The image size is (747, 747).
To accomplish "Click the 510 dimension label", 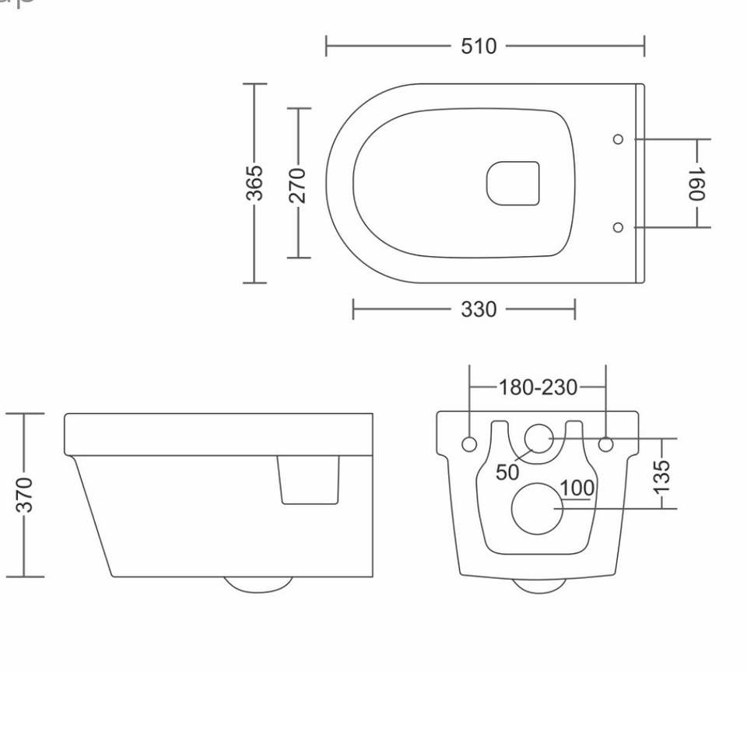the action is pyautogui.click(x=478, y=47).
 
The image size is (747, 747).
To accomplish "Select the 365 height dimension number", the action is pyautogui.click(x=255, y=183).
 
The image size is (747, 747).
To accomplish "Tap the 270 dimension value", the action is pyautogui.click(x=298, y=184).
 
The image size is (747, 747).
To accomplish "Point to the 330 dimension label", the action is pyautogui.click(x=478, y=310).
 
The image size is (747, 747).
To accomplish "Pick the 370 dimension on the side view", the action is pyautogui.click(x=24, y=495).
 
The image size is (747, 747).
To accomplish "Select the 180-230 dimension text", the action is pyautogui.click(x=538, y=387).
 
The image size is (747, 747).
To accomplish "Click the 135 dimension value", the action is pyautogui.click(x=661, y=476).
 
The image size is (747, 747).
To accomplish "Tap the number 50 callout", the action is pyautogui.click(x=507, y=472).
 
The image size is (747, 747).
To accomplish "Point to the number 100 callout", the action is pyautogui.click(x=577, y=489).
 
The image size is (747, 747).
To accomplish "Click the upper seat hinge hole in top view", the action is pyautogui.click(x=618, y=139).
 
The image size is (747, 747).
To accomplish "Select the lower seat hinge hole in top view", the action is pyautogui.click(x=618, y=227).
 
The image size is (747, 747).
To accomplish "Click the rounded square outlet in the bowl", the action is pyautogui.click(x=513, y=184).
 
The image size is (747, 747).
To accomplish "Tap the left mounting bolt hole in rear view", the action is pyautogui.click(x=469, y=444).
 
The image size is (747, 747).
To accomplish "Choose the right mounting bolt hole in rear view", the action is pyautogui.click(x=606, y=444).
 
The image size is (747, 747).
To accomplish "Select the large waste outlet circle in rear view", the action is pyautogui.click(x=537, y=509).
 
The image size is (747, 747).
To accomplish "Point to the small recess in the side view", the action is pyautogui.click(x=309, y=479).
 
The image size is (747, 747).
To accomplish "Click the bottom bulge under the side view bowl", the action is pyautogui.click(x=258, y=584).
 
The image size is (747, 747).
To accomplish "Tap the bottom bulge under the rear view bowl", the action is pyautogui.click(x=539, y=585).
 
